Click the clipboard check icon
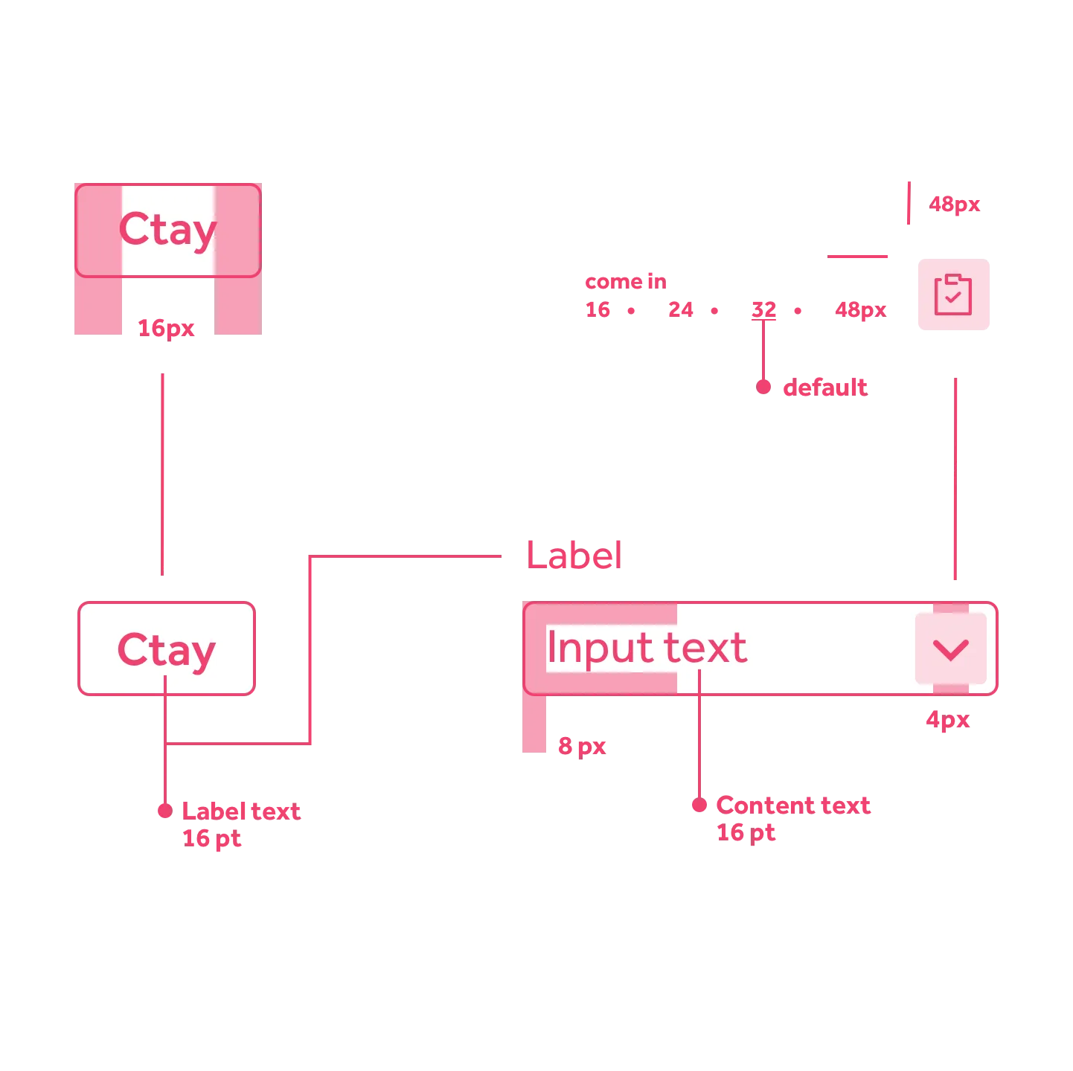pyautogui.click(x=954, y=295)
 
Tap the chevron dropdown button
pyautogui.click(x=950, y=649)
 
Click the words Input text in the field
pyautogui.click(x=646, y=648)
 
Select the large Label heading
pyautogui.click(x=573, y=554)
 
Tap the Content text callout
pyautogui.click(x=793, y=805)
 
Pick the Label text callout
pyautogui.click(x=241, y=810)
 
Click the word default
pyautogui.click(x=824, y=387)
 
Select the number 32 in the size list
pyautogui.click(x=763, y=309)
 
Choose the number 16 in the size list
pyautogui.click(x=598, y=309)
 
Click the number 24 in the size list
pyautogui.click(x=680, y=309)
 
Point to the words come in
pyautogui.click(x=625, y=281)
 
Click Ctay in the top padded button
pyautogui.click(x=167, y=230)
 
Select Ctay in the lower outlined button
pyautogui.click(x=167, y=651)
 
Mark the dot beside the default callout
pyautogui.click(x=763, y=387)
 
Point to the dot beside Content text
pyautogui.click(x=699, y=805)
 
